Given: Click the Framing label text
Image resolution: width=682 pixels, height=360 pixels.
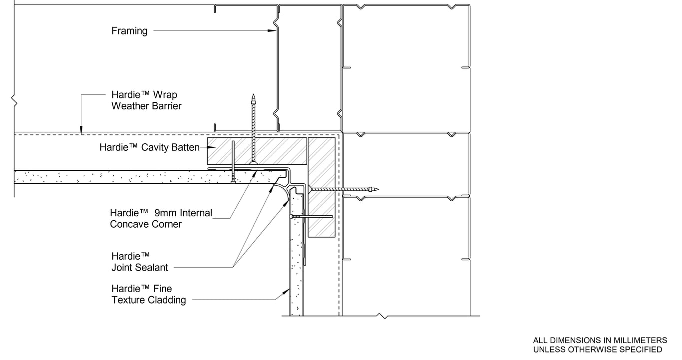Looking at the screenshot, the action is click(129, 31).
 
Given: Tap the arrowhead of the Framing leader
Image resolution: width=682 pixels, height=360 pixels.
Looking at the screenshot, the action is click(272, 30).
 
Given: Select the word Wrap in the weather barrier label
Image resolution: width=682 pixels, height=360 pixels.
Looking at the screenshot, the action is click(165, 95).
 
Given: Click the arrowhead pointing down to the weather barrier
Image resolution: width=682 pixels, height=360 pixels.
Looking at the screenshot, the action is click(81, 130).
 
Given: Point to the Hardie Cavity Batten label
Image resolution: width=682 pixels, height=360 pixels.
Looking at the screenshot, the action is click(149, 147).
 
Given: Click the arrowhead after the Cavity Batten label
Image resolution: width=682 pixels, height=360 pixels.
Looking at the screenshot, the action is click(211, 147).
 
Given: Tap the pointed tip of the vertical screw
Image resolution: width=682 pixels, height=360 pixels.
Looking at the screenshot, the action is click(253, 95).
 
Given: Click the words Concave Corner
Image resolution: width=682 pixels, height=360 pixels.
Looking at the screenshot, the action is click(146, 224).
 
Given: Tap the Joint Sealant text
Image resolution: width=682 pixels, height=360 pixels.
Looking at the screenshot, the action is click(140, 268).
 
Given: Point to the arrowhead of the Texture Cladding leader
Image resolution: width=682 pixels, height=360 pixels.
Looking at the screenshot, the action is click(286, 292).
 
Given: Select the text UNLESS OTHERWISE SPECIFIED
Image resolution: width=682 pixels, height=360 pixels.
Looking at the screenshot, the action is click(598, 350).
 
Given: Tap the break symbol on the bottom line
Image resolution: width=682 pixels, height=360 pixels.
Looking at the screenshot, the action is click(383, 316).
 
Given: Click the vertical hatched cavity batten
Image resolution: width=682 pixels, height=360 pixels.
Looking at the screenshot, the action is click(322, 187).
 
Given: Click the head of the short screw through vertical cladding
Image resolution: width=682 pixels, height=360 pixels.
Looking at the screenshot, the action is click(292, 217).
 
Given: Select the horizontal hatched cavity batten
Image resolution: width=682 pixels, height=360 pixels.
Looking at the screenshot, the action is click(257, 151).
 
